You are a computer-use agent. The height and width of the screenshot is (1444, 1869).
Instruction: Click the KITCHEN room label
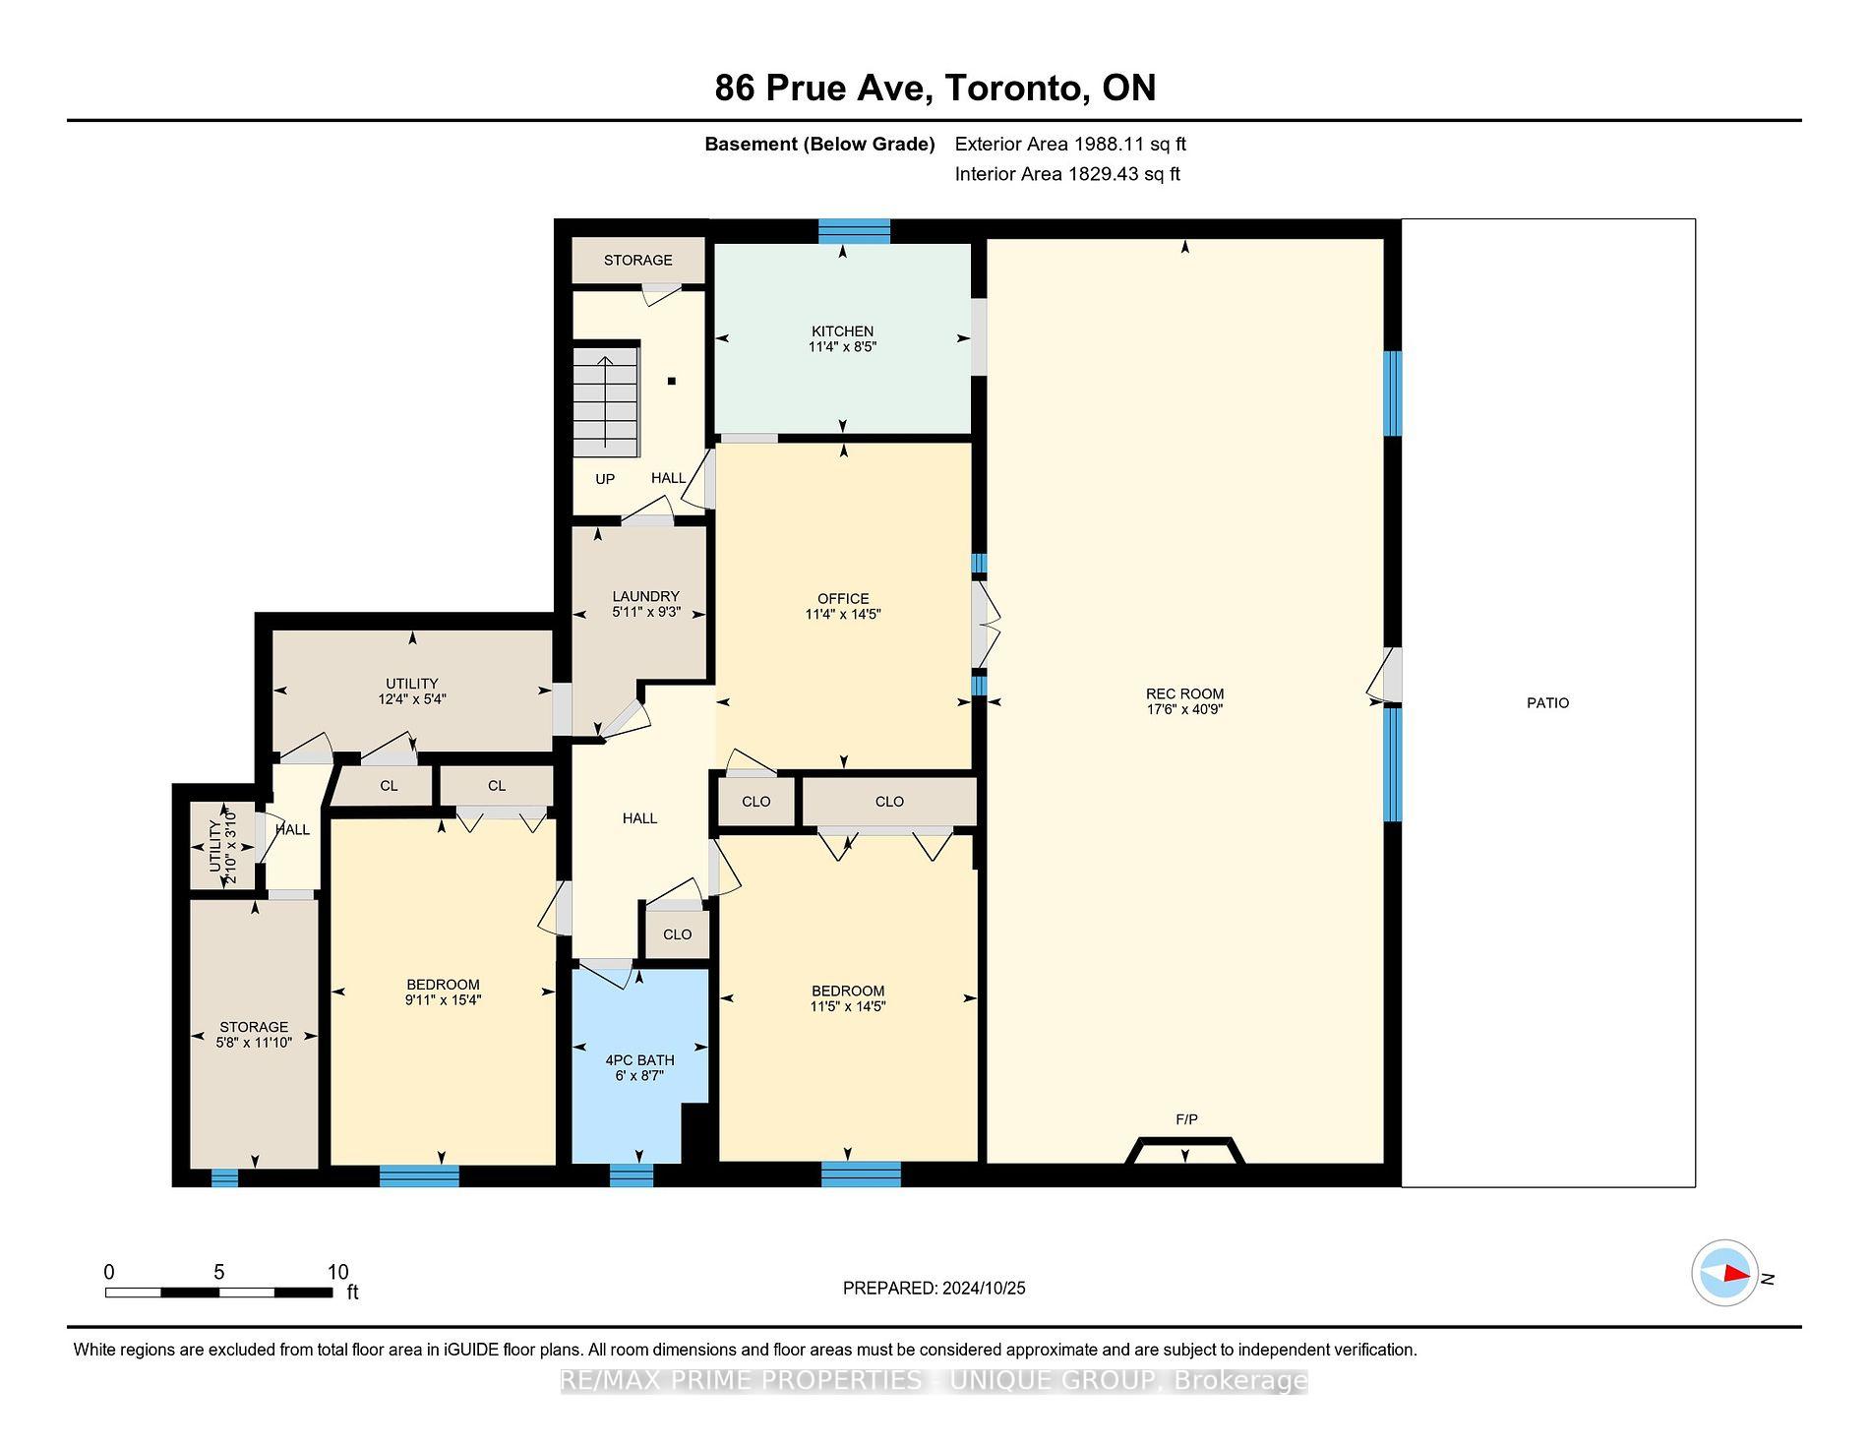(842, 331)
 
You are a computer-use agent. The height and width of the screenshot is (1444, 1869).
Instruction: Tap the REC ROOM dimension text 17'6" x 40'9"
(1184, 709)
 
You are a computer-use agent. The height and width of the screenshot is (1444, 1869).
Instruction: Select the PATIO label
(1547, 703)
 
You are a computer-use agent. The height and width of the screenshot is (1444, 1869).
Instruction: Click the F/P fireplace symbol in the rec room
(1185, 1149)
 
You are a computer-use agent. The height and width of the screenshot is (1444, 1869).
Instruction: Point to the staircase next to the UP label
(605, 399)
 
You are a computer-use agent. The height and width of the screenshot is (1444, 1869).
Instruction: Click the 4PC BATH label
(639, 1060)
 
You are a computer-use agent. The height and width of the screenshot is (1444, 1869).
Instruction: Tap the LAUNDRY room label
(645, 596)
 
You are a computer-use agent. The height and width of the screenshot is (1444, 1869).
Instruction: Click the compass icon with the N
(1725, 1273)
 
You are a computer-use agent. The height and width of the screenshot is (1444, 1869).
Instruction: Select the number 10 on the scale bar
(337, 1272)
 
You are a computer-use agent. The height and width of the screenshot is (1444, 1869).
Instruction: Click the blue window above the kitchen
(854, 231)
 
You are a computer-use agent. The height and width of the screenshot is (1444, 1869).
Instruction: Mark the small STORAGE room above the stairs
(638, 261)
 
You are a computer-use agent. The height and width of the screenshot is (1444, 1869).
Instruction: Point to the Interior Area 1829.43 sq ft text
(1067, 174)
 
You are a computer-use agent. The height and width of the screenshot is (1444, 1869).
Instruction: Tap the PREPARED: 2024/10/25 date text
(934, 1289)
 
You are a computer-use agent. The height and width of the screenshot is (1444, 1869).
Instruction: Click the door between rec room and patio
(1389, 676)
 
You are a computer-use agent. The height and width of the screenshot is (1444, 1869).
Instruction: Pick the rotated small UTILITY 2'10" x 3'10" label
(223, 845)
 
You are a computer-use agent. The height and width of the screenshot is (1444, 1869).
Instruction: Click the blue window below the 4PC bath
(631, 1174)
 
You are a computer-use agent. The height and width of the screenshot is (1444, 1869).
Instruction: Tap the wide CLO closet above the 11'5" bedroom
(889, 802)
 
